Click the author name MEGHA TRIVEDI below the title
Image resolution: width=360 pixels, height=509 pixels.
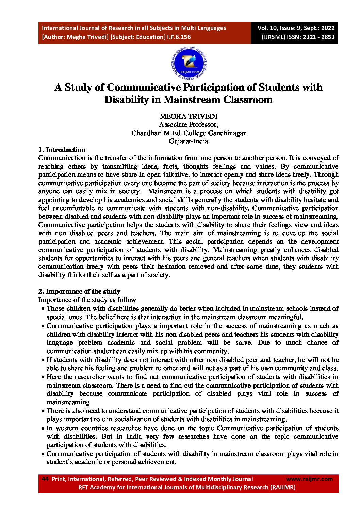coord(188,116)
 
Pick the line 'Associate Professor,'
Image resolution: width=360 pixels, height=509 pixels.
coord(188,125)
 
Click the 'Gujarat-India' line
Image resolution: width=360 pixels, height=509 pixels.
coord(188,141)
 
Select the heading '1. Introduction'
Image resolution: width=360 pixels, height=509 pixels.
coord(62,150)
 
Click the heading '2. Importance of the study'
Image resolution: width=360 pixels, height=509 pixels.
coord(79,291)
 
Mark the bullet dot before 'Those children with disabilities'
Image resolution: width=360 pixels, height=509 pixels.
coord(43,309)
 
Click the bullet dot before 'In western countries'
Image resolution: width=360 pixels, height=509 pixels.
coord(43,428)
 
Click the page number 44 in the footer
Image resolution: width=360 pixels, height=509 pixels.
coord(45,479)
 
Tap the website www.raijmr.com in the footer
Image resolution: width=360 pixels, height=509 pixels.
coord(309,479)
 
